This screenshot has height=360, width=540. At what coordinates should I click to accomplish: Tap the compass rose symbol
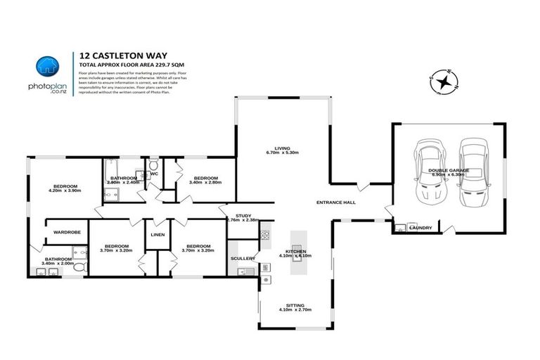(444, 82)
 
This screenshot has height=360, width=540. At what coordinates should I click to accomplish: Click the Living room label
(282, 148)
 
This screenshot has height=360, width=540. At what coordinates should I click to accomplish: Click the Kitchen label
(294, 251)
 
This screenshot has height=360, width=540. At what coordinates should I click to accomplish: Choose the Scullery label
(243, 259)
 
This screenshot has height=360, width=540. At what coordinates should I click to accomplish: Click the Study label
(244, 215)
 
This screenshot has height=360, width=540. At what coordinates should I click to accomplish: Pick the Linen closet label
(157, 236)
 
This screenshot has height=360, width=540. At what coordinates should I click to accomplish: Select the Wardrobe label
(65, 231)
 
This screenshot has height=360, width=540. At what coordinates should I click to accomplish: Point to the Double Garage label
(450, 169)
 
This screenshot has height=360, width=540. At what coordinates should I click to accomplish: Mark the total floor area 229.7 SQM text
(124, 64)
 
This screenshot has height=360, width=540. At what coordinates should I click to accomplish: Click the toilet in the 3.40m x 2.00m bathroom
(79, 268)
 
